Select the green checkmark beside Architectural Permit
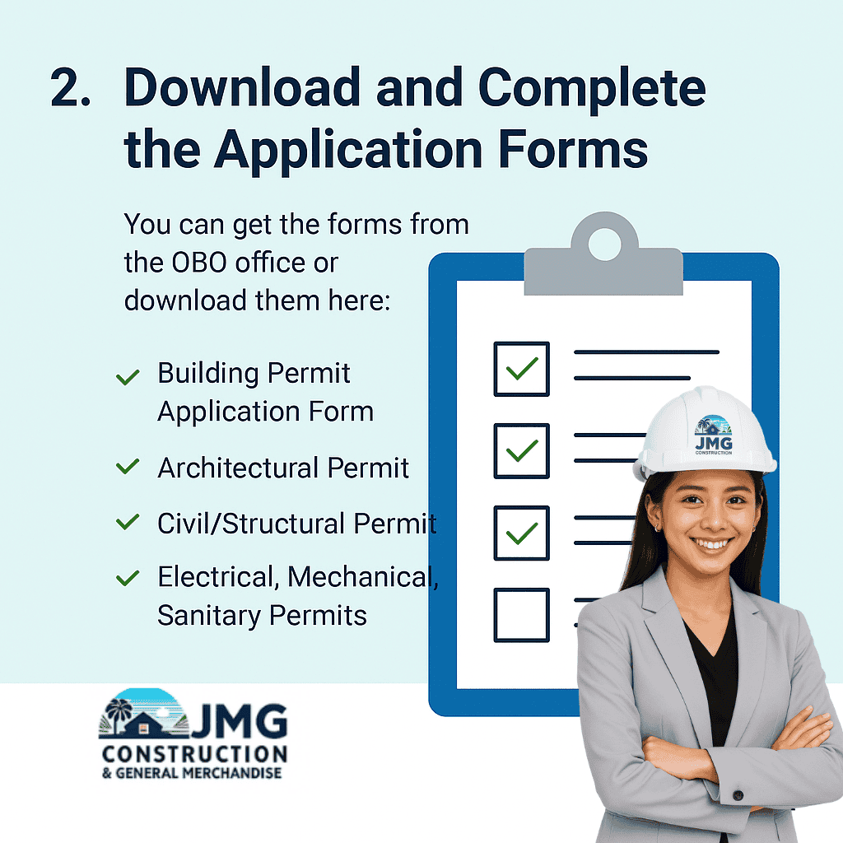point(128,467)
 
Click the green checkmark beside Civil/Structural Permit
point(128,522)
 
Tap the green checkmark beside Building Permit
point(128,377)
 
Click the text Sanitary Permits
point(262,615)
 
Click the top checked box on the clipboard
point(521,368)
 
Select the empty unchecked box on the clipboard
point(521,614)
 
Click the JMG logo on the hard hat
point(713,435)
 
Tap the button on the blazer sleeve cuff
point(738,795)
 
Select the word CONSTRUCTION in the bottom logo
point(194,754)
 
